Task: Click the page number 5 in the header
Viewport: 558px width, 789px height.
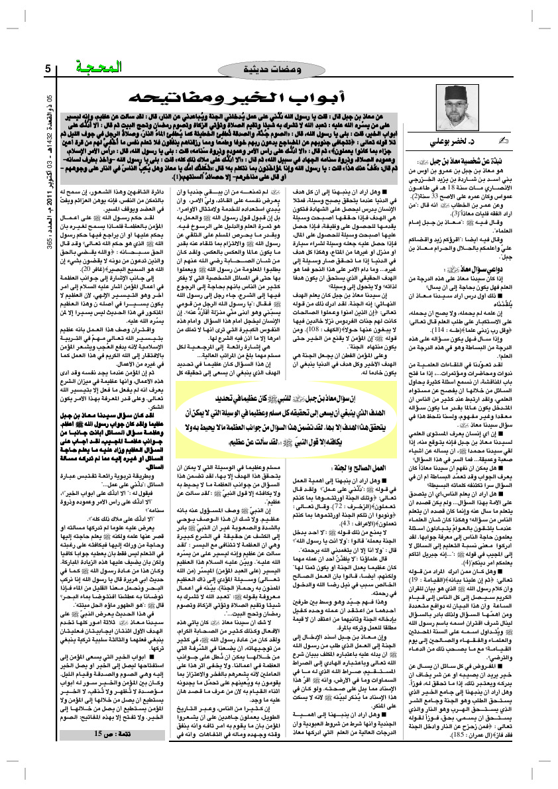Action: point(48,69)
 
